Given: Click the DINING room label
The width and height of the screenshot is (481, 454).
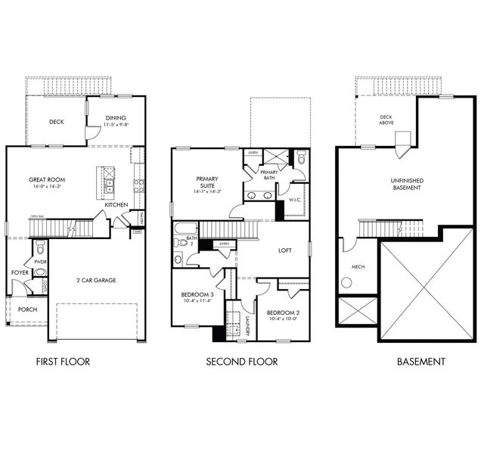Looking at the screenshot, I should pos(116,117).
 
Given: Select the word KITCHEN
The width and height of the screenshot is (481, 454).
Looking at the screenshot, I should pos(116,205).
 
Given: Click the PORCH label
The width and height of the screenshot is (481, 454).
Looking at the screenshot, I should pos(27,309).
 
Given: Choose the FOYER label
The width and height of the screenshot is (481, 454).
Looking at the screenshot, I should pos(20,272).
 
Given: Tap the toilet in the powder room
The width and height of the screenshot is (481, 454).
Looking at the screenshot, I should pos(40,248).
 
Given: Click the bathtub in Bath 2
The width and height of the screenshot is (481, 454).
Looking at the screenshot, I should pos(185,229).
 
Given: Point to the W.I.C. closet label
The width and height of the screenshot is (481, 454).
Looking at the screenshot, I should pos(294,200).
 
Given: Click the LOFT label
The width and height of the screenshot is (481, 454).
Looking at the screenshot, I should pos(285,250).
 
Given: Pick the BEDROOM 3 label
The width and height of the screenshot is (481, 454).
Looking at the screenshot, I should pos(197,294).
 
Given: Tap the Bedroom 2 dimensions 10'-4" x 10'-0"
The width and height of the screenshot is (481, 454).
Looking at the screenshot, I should pos(284,319).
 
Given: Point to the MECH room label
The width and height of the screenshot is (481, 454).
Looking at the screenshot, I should pos(358,266).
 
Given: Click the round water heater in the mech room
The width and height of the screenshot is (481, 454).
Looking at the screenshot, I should pos(347,282).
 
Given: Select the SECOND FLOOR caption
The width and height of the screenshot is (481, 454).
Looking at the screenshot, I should pos(242,362).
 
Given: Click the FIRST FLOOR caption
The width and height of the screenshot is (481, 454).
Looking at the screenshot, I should pos(63,362).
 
